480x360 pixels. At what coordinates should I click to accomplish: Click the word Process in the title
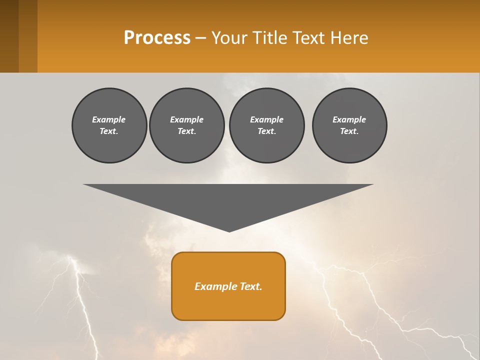[157, 38]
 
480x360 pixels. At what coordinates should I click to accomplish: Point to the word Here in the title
[349, 38]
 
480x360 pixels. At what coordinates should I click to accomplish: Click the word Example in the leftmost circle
[109, 119]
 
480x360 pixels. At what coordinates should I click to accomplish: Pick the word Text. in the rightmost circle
[349, 131]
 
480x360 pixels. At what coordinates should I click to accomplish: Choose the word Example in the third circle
[266, 119]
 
